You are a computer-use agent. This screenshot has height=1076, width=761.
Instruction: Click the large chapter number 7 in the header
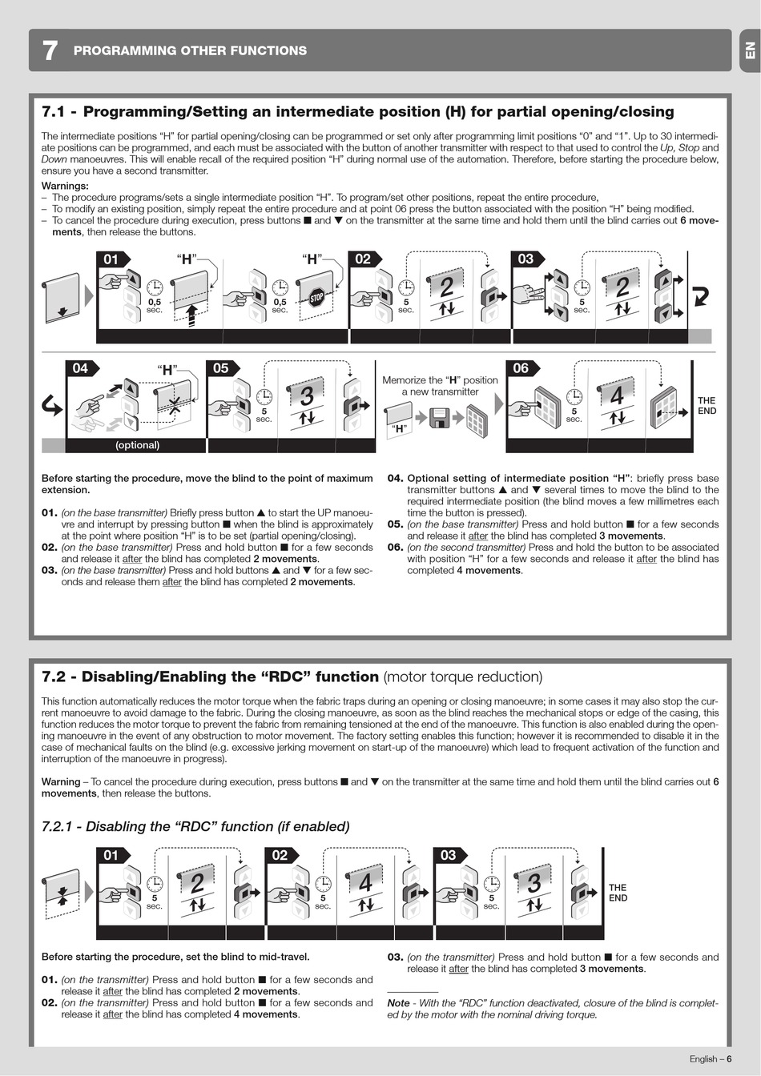click(50, 50)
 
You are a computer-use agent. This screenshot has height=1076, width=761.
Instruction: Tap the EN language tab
click(750, 50)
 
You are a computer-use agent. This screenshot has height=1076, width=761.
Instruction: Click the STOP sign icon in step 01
click(316, 298)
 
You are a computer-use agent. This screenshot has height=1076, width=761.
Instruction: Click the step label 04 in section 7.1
click(80, 368)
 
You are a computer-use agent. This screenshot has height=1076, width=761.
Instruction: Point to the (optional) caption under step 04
click(137, 445)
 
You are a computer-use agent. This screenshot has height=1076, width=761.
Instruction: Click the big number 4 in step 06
click(617, 395)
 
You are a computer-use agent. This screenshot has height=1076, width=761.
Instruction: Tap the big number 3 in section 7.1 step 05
click(307, 395)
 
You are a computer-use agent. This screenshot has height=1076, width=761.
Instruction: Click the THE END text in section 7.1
click(707, 405)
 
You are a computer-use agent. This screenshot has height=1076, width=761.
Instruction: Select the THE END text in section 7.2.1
click(618, 893)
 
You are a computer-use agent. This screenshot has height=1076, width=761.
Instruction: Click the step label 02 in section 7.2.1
click(280, 855)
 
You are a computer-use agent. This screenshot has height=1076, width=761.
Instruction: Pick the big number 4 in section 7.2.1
click(365, 883)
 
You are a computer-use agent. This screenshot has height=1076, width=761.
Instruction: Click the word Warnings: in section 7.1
click(65, 186)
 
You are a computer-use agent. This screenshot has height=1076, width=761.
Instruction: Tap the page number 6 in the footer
click(729, 1058)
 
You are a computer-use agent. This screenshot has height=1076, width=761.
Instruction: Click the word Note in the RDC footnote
click(399, 1003)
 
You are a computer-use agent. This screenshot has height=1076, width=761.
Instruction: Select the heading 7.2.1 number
click(57, 826)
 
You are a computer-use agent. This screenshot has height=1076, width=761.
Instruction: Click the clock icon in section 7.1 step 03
click(582, 287)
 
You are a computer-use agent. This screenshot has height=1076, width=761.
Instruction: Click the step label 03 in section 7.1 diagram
click(525, 259)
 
